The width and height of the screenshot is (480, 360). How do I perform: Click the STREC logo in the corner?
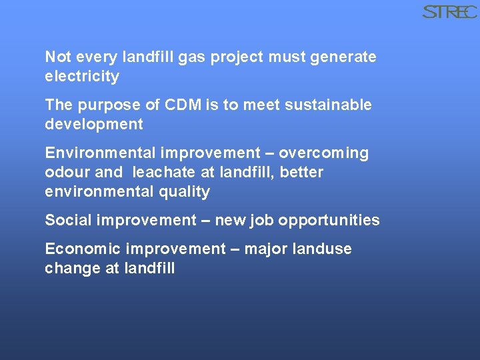coord(449,12)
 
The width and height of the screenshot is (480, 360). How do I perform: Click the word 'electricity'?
coord(82,77)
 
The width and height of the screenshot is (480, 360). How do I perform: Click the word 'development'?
coord(94,125)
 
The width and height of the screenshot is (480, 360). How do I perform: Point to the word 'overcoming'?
coord(323,154)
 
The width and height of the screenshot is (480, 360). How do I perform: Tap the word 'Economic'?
coord(83,249)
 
